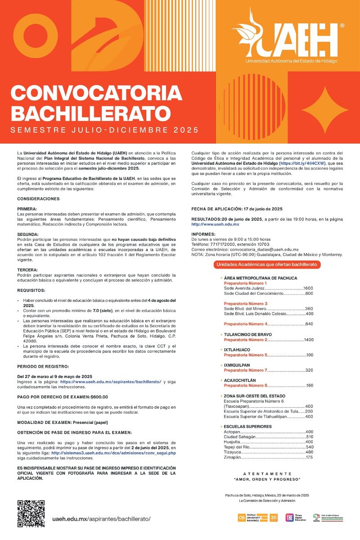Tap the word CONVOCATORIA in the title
point(96,93)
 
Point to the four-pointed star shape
point(325,110)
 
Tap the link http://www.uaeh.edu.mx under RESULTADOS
point(215,224)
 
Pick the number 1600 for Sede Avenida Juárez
point(308,288)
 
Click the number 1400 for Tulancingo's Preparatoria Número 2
point(308,339)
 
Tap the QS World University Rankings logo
point(258,517)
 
